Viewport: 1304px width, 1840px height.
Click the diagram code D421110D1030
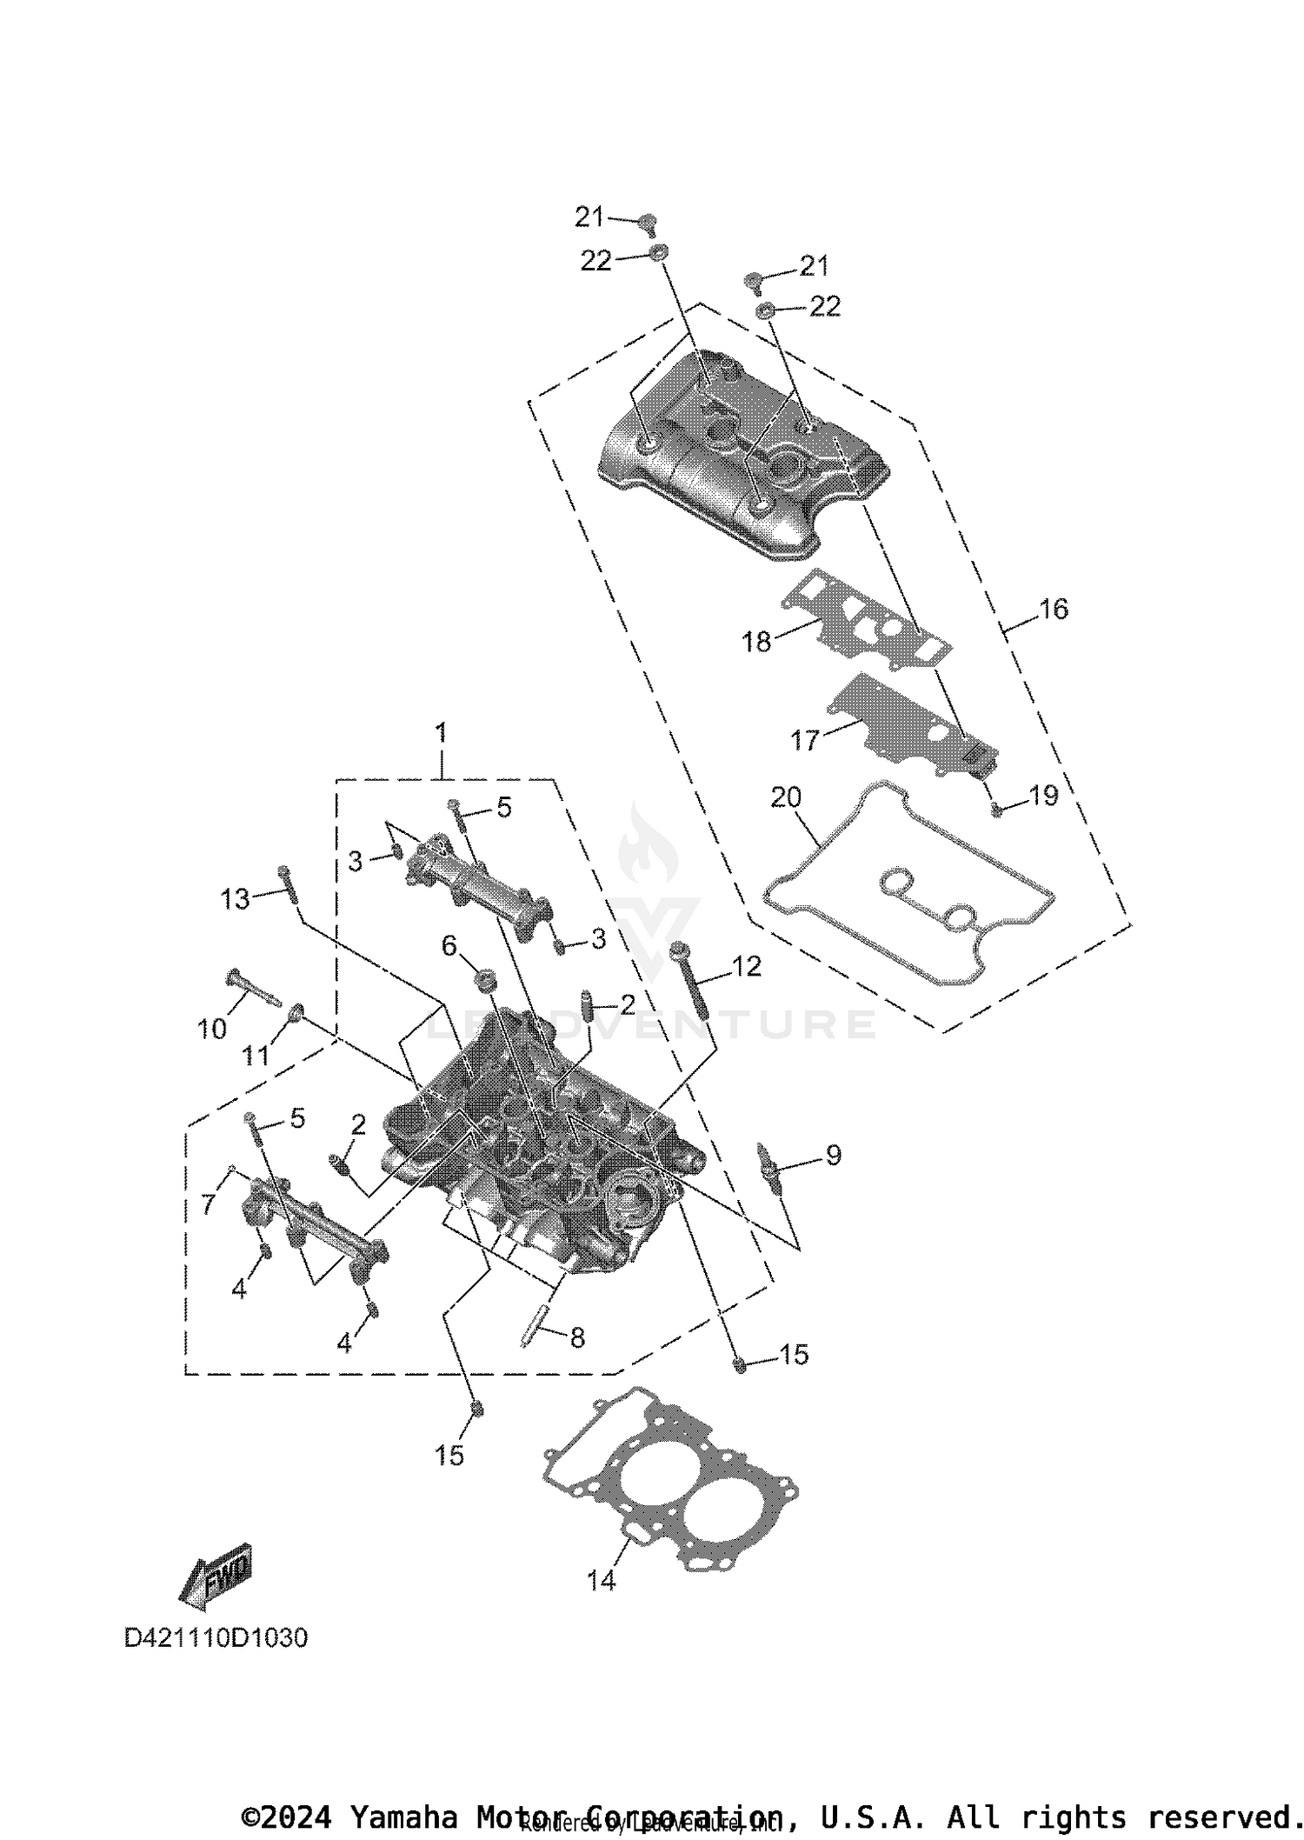point(216,1638)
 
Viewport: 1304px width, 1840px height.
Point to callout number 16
point(1054,610)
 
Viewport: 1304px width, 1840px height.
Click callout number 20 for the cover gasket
point(786,797)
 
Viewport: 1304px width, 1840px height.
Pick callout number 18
point(756,643)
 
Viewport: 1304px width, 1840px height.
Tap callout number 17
point(805,741)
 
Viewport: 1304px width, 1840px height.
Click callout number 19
point(1043,796)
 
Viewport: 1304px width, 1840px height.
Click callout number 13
point(235,899)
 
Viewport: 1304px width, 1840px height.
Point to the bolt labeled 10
point(252,990)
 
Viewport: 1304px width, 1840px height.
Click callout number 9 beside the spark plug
point(833,1156)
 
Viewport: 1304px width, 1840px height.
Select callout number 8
point(577,1338)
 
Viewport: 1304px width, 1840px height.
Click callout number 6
point(449,945)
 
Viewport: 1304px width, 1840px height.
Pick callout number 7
point(208,1206)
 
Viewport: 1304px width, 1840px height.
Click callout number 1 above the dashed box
point(441,733)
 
